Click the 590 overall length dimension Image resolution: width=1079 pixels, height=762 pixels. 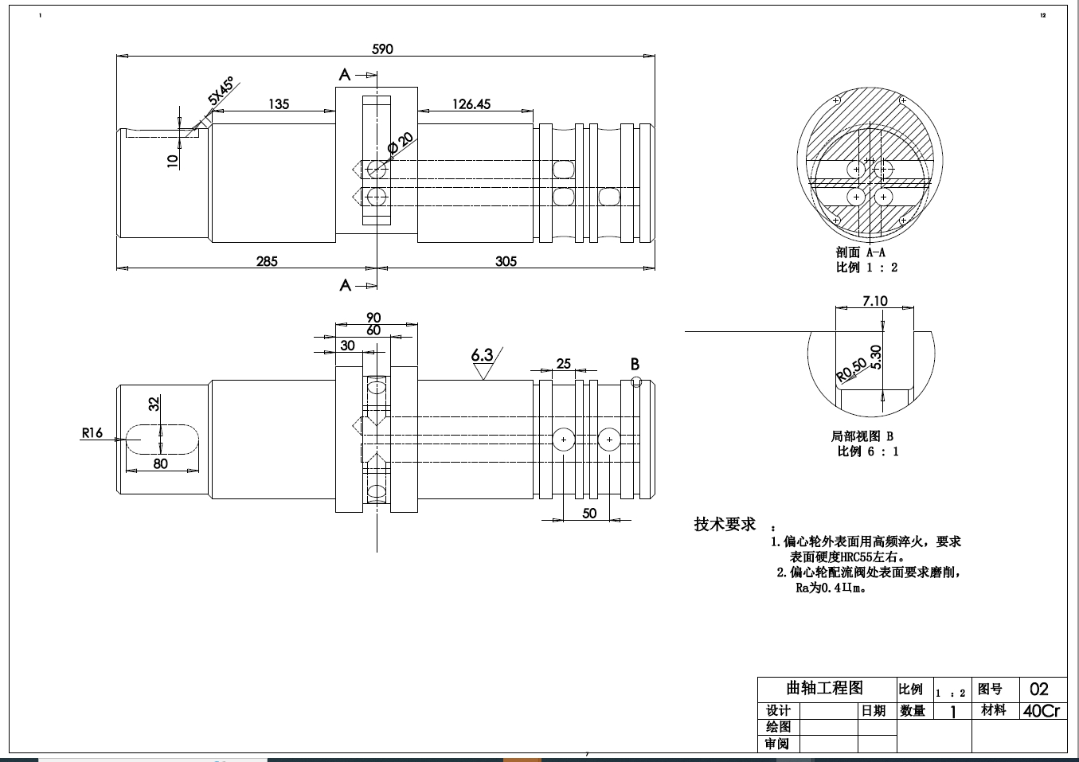point(382,49)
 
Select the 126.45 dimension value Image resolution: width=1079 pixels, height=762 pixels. point(471,104)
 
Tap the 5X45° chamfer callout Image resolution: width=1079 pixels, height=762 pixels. point(221,92)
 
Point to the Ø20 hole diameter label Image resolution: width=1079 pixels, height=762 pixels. point(401,143)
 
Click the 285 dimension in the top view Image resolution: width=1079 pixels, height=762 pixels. point(267,261)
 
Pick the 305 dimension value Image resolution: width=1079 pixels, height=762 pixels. point(506,261)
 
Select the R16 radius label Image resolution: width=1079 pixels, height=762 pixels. point(92,433)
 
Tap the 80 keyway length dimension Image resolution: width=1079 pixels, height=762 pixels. point(161,463)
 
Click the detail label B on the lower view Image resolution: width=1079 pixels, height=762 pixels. point(635,365)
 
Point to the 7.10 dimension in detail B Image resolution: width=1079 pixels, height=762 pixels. point(874,301)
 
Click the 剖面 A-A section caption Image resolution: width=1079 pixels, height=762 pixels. point(861,252)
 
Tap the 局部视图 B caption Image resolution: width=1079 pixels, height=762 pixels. point(862,436)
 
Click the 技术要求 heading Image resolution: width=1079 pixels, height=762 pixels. point(725,524)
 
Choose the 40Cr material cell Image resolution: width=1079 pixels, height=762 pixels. point(1041,710)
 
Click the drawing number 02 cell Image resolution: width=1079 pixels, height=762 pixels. point(1039,689)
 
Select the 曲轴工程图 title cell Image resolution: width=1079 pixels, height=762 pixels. point(825,688)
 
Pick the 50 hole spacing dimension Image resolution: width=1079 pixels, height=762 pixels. point(589,514)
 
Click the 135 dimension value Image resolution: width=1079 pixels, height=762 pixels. point(279,104)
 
